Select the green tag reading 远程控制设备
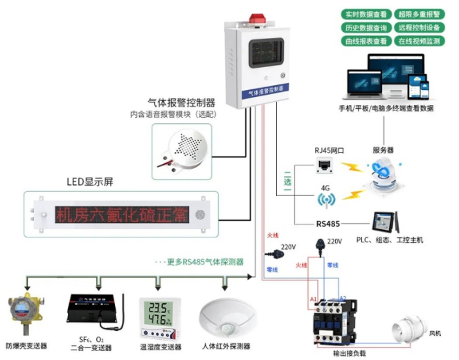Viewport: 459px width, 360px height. (x=419, y=28)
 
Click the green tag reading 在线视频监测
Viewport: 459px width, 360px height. (x=419, y=42)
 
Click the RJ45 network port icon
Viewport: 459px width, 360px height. (x=323, y=165)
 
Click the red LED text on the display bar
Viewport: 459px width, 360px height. (x=122, y=215)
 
